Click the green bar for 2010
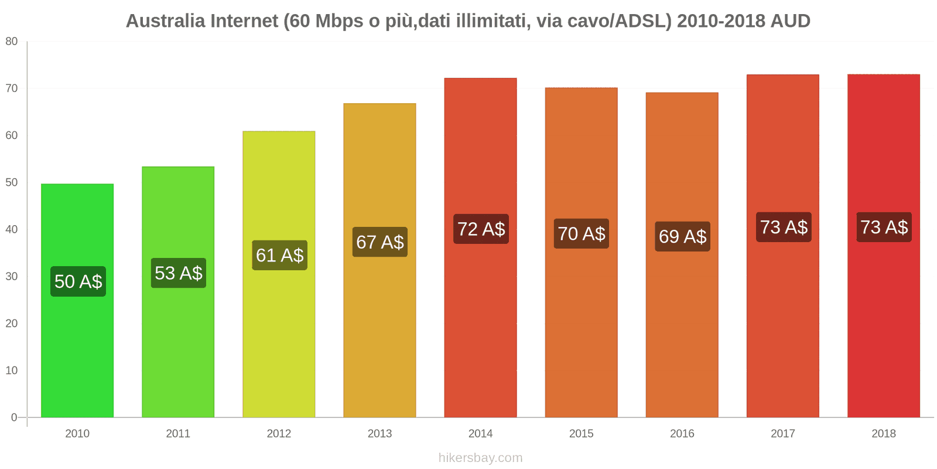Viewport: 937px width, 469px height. (77, 352)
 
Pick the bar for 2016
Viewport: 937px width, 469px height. (682, 328)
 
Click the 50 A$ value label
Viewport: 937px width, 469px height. (78, 281)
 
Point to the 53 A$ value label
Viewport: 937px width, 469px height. (179, 273)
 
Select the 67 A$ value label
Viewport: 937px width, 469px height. (380, 242)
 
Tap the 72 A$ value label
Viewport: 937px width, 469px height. (481, 229)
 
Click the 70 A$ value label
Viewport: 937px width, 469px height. (582, 234)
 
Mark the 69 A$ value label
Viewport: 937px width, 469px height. (682, 236)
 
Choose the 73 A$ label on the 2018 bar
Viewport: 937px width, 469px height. (884, 227)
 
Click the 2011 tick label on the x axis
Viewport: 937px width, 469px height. (178, 434)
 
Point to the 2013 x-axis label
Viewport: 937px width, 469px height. (379, 434)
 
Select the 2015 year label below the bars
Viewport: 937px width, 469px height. (581, 434)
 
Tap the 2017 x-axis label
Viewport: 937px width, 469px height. (782, 434)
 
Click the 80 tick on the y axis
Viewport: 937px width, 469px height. (12, 42)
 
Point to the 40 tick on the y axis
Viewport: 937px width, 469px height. (12, 229)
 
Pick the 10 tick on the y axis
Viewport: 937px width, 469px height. (12, 371)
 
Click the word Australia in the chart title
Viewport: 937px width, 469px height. (165, 21)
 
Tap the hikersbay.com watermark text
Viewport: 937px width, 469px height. (480, 458)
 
